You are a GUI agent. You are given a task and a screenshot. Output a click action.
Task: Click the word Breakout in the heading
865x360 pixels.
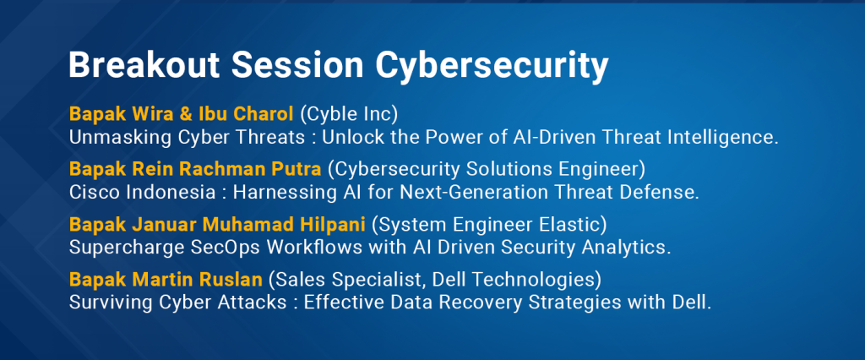point(144,66)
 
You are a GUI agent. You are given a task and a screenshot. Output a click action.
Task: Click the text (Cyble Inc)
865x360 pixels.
point(349,114)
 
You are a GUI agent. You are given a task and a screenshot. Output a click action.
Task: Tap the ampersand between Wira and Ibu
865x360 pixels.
point(188,114)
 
